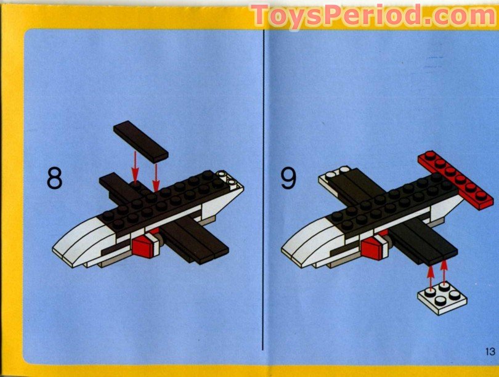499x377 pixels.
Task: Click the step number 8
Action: tap(54, 178)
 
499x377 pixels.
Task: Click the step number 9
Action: tap(289, 178)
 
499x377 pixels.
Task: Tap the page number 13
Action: tap(490, 352)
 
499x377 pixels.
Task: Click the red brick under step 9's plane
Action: tap(372, 249)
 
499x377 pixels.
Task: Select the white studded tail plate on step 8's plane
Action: tap(230, 181)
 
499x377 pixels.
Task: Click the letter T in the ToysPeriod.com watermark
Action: tap(262, 15)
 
